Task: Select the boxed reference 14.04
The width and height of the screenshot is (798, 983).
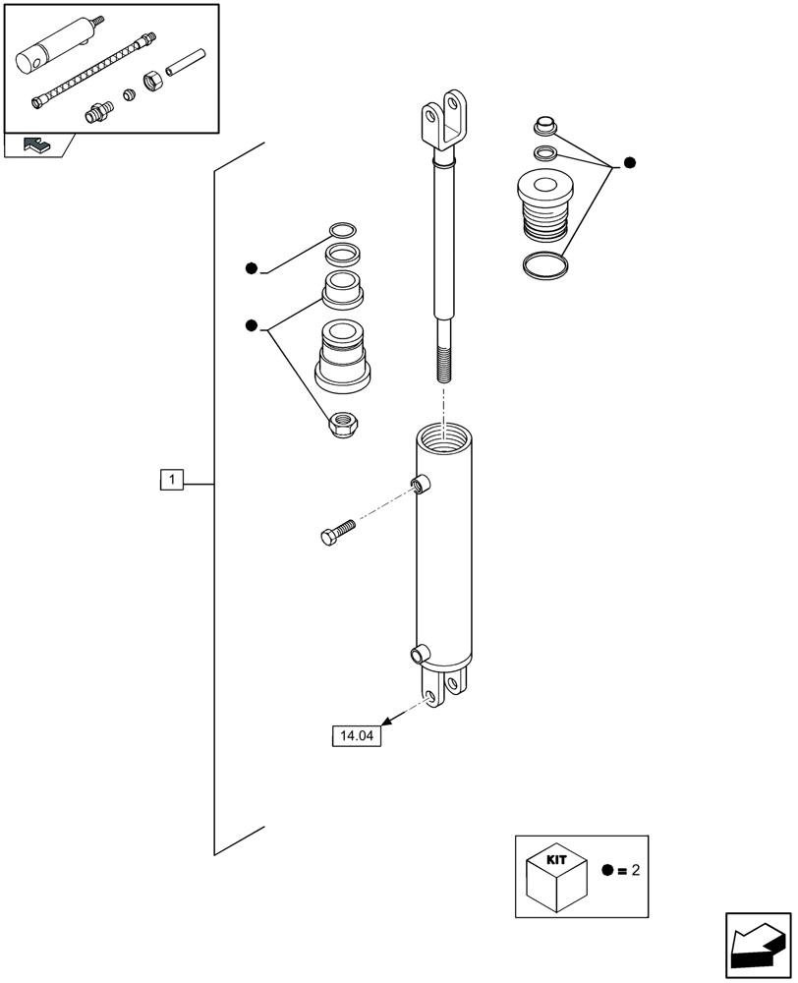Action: tap(357, 735)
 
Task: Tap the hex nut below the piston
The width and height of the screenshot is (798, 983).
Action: tap(345, 425)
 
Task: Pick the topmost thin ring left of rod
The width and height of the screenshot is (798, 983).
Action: tap(342, 231)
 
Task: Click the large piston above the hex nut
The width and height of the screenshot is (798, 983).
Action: tap(343, 355)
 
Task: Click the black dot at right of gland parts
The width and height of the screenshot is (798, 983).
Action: tap(630, 162)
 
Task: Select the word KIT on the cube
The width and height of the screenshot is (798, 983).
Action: tap(555, 859)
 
